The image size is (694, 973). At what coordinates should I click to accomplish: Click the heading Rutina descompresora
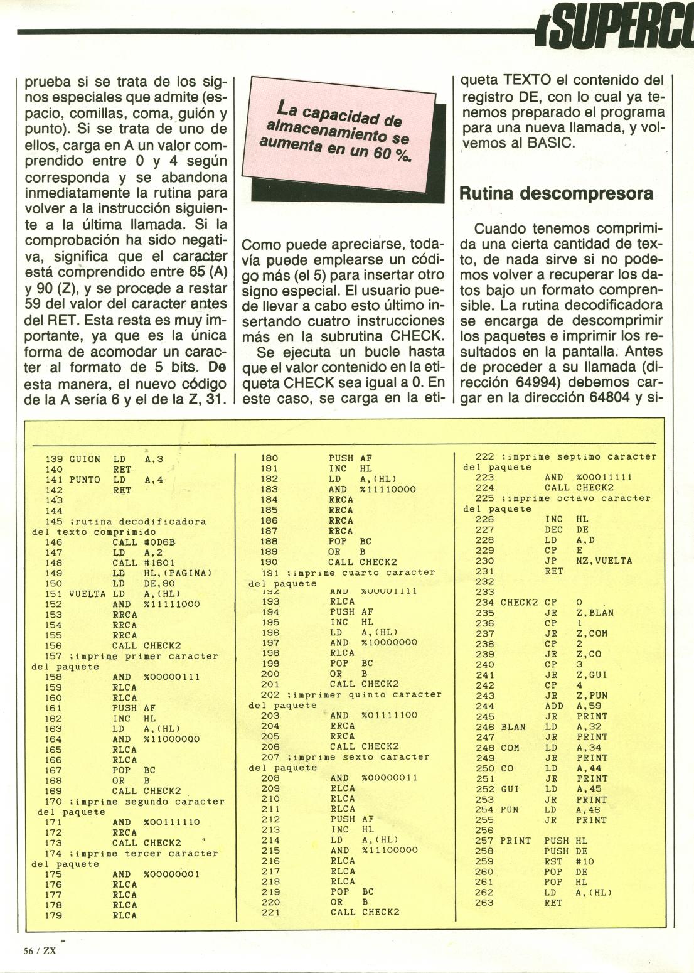point(557,193)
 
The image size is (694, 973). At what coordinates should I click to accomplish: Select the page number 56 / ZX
point(40,950)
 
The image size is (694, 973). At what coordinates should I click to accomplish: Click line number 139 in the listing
point(54,459)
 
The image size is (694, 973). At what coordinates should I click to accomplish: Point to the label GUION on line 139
point(84,459)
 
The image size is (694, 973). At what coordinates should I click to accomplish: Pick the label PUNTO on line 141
point(84,480)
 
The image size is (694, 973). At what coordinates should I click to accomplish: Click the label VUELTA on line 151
point(86,594)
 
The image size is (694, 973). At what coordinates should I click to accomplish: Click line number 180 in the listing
point(269,459)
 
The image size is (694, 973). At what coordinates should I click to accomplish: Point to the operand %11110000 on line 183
point(389,490)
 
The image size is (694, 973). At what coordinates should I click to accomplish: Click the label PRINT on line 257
point(515,841)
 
